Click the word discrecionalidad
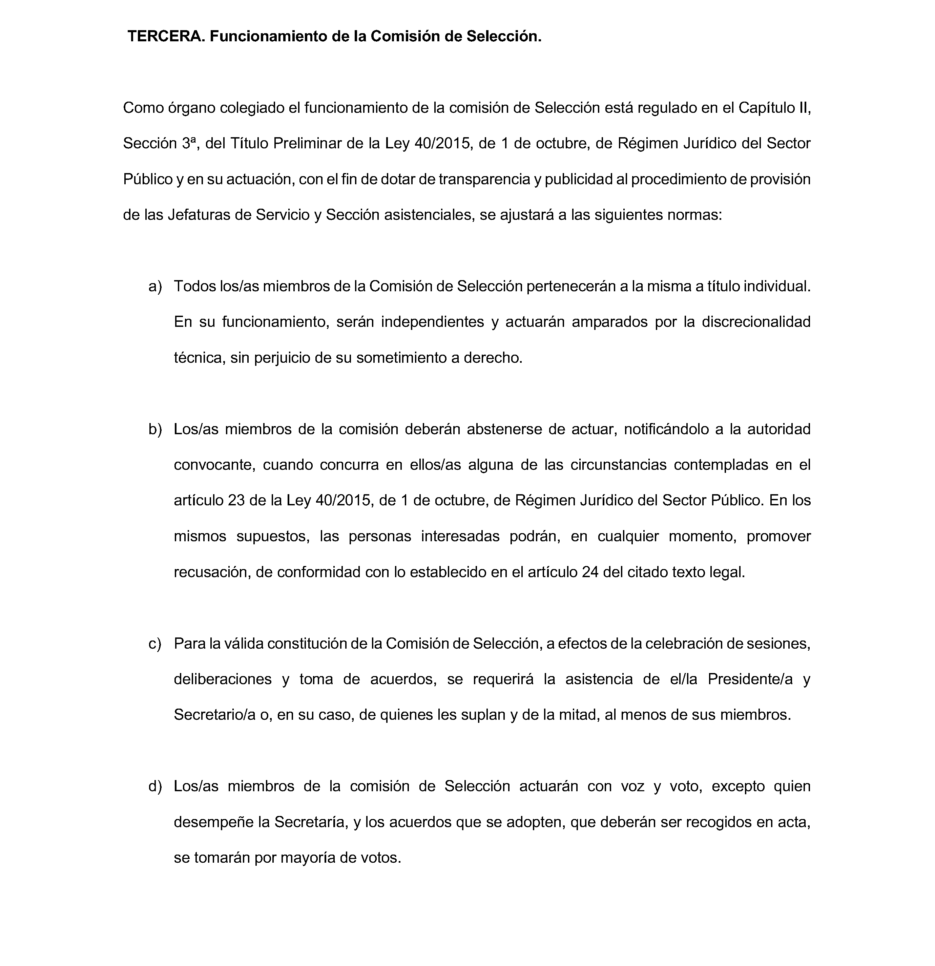[756, 322]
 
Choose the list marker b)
[155, 429]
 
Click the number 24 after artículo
[590, 572]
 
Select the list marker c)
[155, 644]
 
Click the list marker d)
[155, 786]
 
